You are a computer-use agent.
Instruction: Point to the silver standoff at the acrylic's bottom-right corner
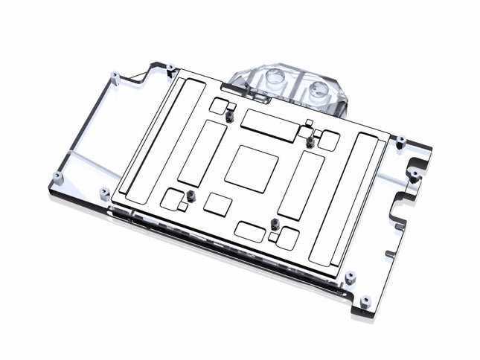(365, 302)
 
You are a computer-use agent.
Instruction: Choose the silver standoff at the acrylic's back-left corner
(115, 75)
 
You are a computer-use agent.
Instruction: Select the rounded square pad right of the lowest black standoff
(287, 238)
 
